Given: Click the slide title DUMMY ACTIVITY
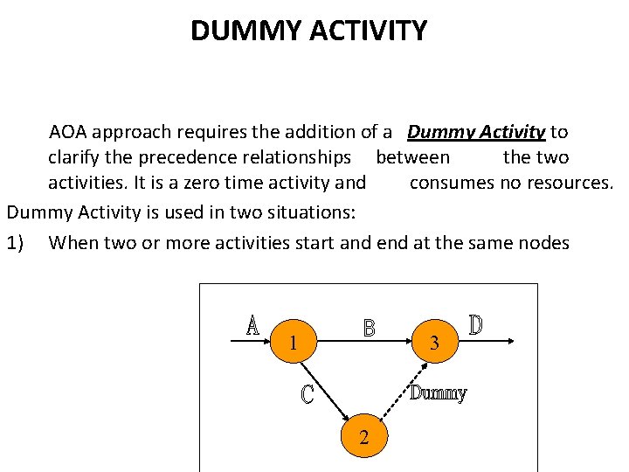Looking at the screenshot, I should [308, 31].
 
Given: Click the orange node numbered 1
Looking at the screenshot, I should [294, 344].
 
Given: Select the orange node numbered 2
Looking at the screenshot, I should [364, 438].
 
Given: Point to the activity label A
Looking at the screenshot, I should [252, 325].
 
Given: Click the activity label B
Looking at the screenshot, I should [370, 328].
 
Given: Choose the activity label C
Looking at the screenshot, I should [308, 394].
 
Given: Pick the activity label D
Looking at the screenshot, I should [476, 324].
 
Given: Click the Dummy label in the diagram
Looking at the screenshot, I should [439, 393].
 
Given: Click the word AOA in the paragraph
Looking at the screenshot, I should [68, 133].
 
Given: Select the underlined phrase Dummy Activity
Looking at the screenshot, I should [476, 133].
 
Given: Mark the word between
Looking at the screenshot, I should [412, 158].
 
